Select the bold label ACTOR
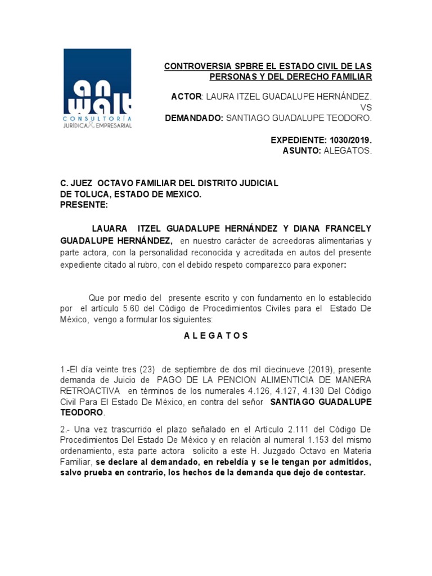[186, 97]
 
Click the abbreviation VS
[366, 108]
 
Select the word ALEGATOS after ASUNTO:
[348, 150]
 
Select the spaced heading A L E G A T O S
[216, 336]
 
